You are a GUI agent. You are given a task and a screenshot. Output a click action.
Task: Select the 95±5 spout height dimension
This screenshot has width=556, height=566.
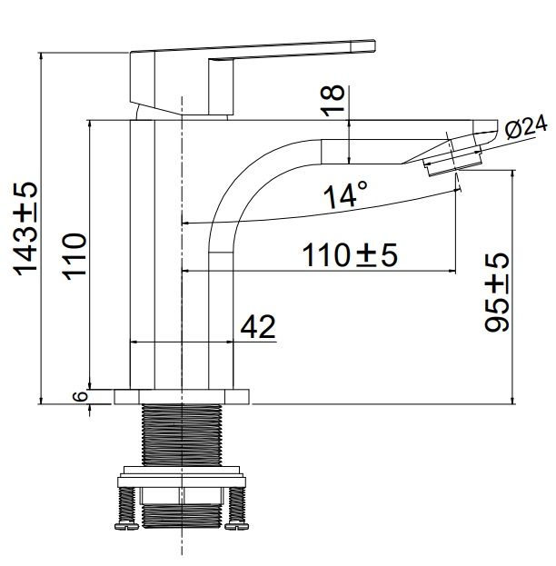tap(496, 292)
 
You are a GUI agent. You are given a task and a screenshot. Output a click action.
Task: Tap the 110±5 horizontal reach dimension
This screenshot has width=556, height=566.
tap(350, 255)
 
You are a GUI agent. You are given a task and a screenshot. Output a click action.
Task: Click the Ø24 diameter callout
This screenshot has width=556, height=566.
tap(526, 127)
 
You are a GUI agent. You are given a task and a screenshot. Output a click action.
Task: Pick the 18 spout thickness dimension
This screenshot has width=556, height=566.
tap(333, 100)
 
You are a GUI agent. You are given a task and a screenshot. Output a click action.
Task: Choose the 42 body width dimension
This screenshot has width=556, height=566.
tap(258, 327)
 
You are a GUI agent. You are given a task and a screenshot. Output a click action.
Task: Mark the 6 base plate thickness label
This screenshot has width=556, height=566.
tap(82, 396)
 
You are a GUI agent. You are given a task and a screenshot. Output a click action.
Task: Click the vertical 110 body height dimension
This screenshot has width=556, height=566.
tap(74, 256)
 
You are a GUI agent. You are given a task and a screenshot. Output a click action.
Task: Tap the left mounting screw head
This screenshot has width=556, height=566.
tap(126, 526)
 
